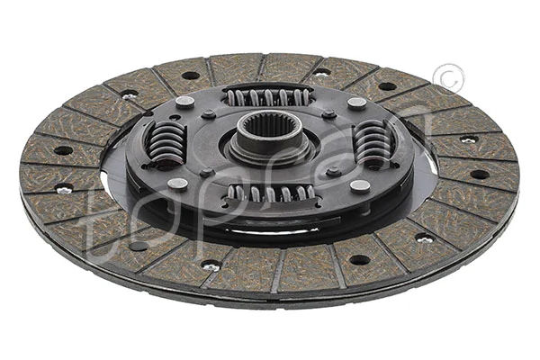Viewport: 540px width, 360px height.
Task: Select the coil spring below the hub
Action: pyautogui.click(x=269, y=192)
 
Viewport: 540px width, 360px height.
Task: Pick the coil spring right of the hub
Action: pyautogui.click(x=373, y=141)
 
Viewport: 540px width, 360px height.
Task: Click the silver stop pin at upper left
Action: pyautogui.click(x=184, y=102)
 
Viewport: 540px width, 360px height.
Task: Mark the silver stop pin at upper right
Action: pyautogui.click(x=357, y=103)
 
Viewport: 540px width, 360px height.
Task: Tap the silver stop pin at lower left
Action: pyautogui.click(x=177, y=184)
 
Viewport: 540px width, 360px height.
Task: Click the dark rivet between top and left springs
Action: pyautogui.click(x=209, y=114)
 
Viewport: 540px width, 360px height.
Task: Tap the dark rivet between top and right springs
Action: pyautogui.click(x=329, y=114)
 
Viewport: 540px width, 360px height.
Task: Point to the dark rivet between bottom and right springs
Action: pyautogui.click(x=334, y=171)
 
